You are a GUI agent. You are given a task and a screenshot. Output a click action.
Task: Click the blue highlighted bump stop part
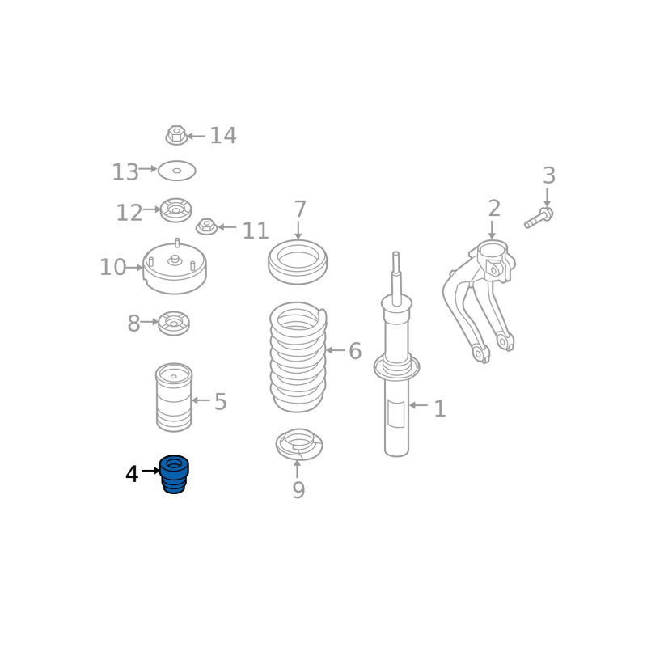[x=174, y=475]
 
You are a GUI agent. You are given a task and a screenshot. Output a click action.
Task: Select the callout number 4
[x=132, y=474]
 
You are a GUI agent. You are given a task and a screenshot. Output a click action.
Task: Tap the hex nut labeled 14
[x=176, y=135]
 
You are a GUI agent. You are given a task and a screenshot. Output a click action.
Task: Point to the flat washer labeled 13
[x=176, y=171]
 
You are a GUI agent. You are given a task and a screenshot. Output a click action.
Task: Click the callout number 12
[x=129, y=213]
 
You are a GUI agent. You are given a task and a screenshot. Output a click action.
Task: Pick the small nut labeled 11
[x=206, y=226]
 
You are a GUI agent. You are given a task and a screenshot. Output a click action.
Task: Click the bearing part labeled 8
[x=174, y=323]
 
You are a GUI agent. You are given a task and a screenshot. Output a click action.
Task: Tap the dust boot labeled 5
[x=174, y=397]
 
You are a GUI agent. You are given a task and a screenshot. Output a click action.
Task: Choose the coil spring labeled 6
[x=298, y=357]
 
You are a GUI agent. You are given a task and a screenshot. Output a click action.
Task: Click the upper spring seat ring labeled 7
[x=298, y=262]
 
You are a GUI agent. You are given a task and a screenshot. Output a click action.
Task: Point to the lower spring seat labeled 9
[x=299, y=444]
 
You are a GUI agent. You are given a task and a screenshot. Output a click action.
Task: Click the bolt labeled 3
[x=539, y=218]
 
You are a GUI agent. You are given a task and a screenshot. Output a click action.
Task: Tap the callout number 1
[x=440, y=408]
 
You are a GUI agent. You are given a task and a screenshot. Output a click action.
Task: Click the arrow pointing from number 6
[x=335, y=350]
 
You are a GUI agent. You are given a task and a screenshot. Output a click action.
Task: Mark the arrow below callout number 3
[x=547, y=197]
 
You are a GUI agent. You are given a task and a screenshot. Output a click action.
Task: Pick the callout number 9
[x=298, y=490]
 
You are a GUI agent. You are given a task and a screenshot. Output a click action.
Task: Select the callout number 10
[x=112, y=268]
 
